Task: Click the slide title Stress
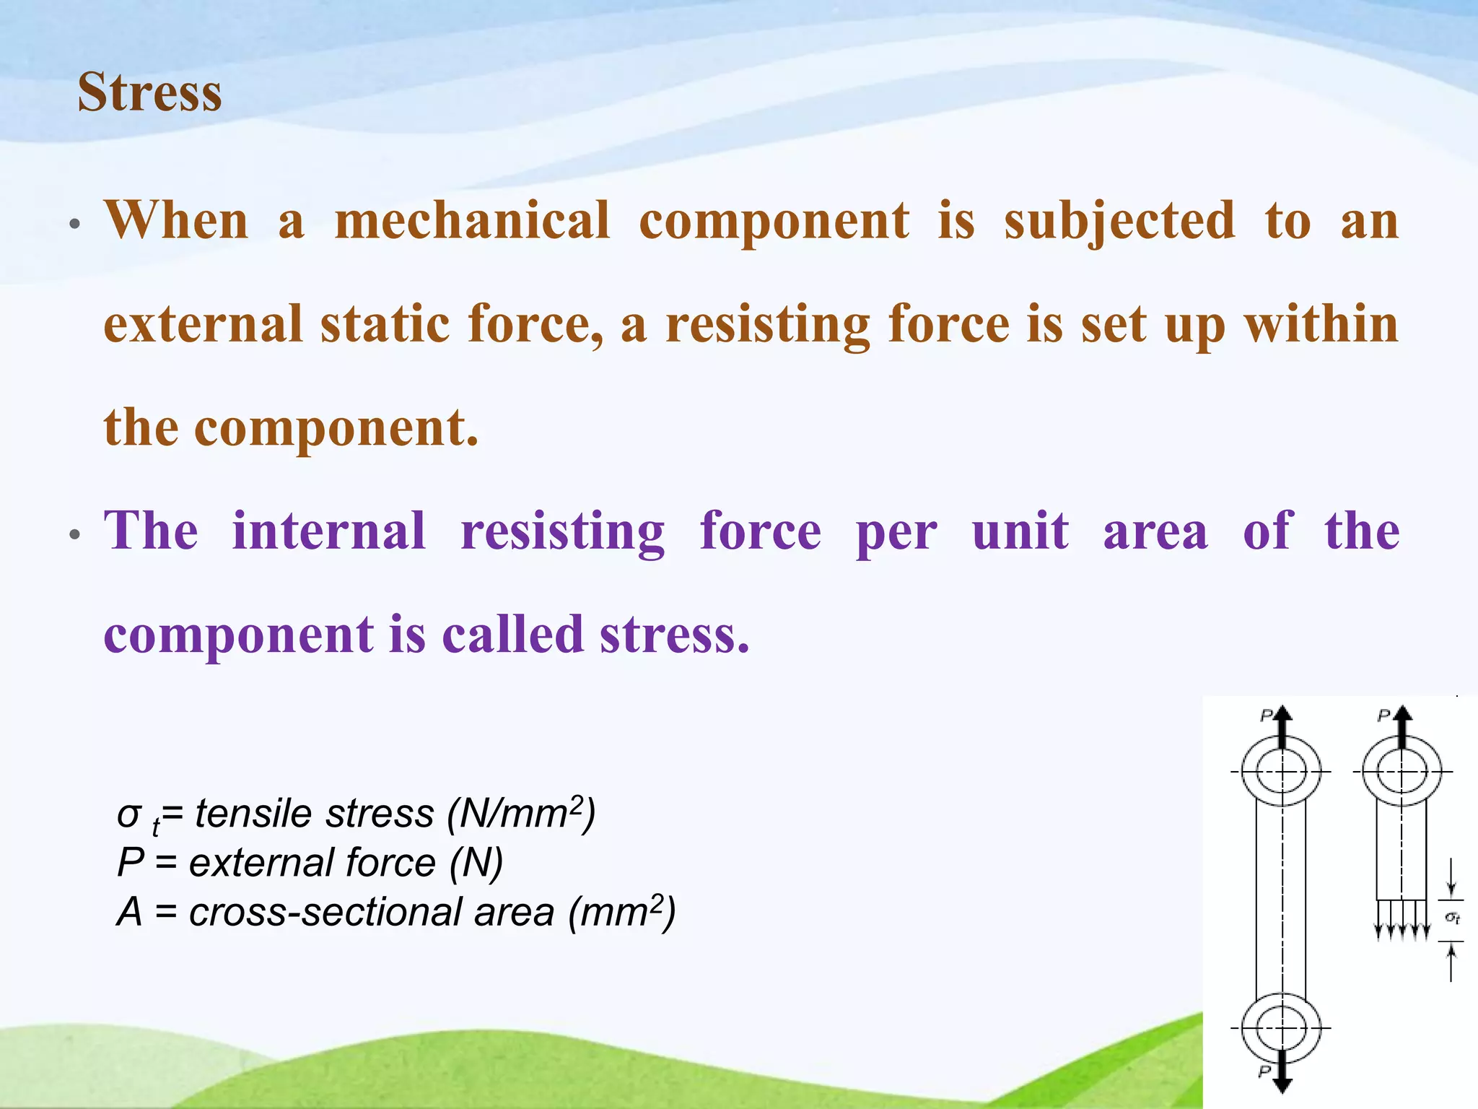point(149,92)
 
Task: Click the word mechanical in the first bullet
point(473,220)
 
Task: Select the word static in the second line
point(385,324)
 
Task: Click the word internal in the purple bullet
point(329,531)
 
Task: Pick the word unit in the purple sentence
point(1020,531)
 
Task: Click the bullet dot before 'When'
point(74,225)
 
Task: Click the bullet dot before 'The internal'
point(74,535)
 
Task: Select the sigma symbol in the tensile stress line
point(128,814)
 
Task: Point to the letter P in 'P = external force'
point(131,862)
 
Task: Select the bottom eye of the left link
point(1282,1028)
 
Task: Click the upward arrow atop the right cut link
point(1402,726)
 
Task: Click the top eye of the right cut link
point(1402,772)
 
